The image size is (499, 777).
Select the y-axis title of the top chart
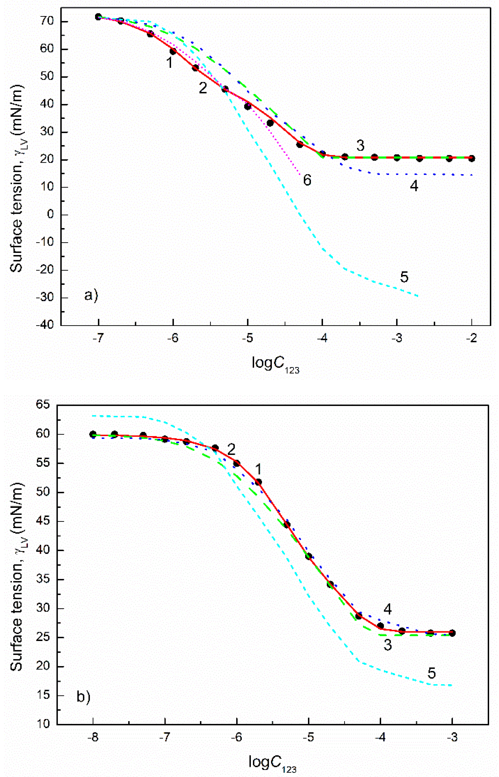pyautogui.click(x=17, y=177)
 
